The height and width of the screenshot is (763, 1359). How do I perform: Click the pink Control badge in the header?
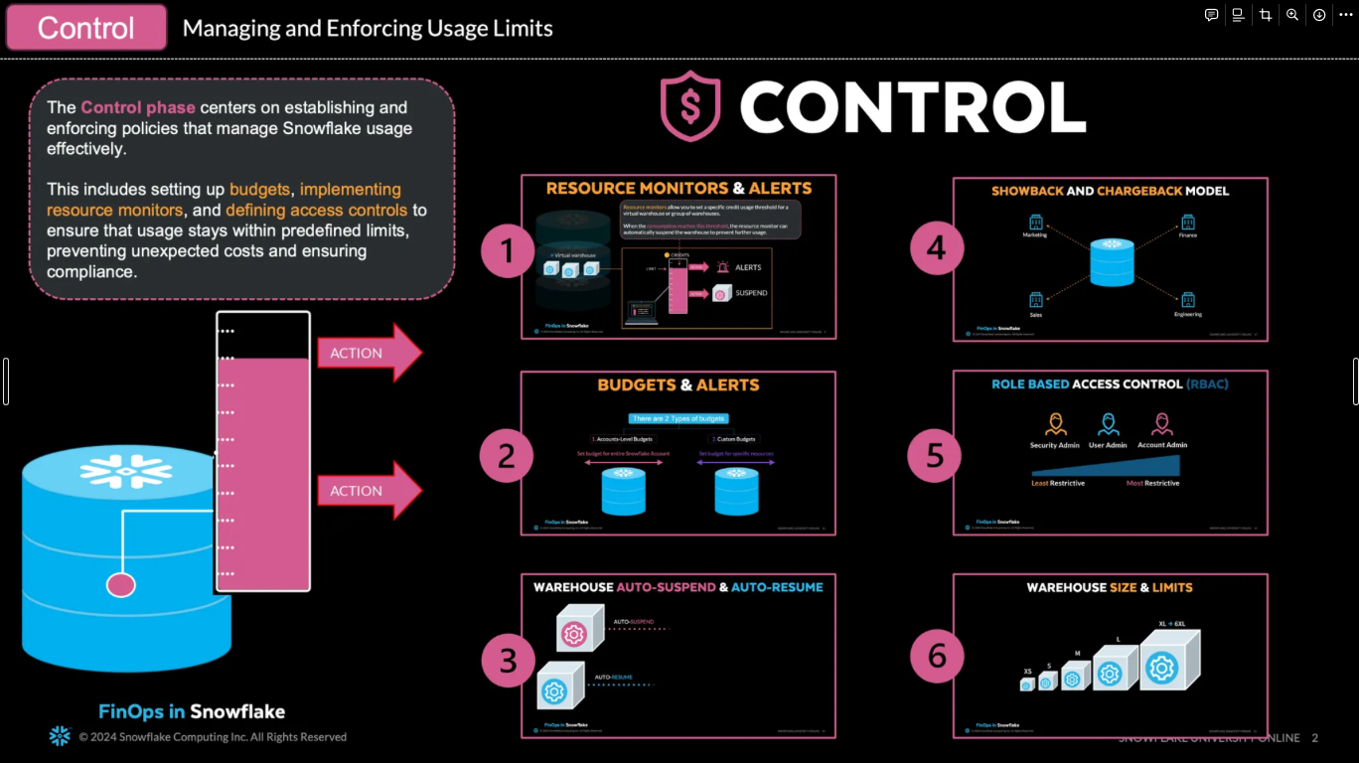pyautogui.click(x=86, y=28)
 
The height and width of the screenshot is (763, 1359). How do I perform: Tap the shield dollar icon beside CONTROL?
pyautogui.click(x=690, y=105)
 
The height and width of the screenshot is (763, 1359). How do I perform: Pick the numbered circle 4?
pyautogui.click(x=937, y=248)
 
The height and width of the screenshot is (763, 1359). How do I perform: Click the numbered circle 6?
pyautogui.click(x=937, y=656)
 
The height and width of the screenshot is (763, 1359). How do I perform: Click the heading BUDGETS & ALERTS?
pyautogui.click(x=679, y=385)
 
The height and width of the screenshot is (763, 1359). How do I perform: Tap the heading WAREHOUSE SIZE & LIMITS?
pyautogui.click(x=1110, y=587)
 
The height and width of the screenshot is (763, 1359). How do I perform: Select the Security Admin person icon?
pyautogui.click(x=1054, y=425)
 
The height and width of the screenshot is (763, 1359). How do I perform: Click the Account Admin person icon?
pyautogui.click(x=1160, y=425)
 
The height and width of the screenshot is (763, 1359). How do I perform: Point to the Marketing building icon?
pyautogui.click(x=1035, y=222)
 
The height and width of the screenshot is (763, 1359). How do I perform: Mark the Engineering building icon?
pyautogui.click(x=1187, y=300)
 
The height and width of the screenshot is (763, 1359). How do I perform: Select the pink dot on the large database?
pyautogui.click(x=121, y=585)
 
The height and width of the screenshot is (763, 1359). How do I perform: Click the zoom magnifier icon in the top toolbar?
pyautogui.click(x=1292, y=15)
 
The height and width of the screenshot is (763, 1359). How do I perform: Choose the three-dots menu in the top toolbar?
pyautogui.click(x=1346, y=15)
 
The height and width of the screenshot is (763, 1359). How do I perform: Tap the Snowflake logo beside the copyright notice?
pyautogui.click(x=60, y=736)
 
